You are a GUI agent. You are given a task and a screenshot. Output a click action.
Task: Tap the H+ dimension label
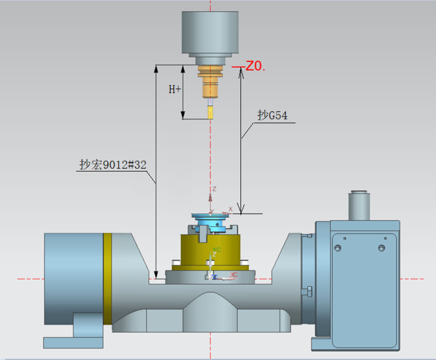pos(175,89)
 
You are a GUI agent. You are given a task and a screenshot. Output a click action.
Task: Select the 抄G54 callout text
pos(272,115)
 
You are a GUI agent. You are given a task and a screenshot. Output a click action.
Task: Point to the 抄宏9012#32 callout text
pos(113,164)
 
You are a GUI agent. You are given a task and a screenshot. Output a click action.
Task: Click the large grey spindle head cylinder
pos(210,32)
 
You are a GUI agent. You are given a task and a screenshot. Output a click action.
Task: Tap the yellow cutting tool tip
pos(210,113)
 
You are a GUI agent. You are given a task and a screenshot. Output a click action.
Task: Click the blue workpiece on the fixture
pos(210,222)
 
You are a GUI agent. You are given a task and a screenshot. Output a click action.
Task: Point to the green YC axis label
pos(217,250)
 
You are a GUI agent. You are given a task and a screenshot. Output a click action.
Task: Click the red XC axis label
pos(233,274)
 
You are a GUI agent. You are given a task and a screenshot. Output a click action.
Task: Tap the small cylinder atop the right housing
pos(359,206)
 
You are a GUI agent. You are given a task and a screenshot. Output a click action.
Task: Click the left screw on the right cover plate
pos(338,247)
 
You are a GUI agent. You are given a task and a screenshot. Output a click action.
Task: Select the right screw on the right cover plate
pos(381,247)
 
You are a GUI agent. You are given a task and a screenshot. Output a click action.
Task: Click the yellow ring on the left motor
pos(107,278)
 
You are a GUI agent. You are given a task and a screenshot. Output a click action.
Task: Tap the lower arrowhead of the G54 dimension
pos(241,209)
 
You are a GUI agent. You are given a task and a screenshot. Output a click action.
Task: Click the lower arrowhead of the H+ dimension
pos(183,115)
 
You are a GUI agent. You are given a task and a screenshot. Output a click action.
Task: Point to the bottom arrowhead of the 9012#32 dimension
pos(156,274)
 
